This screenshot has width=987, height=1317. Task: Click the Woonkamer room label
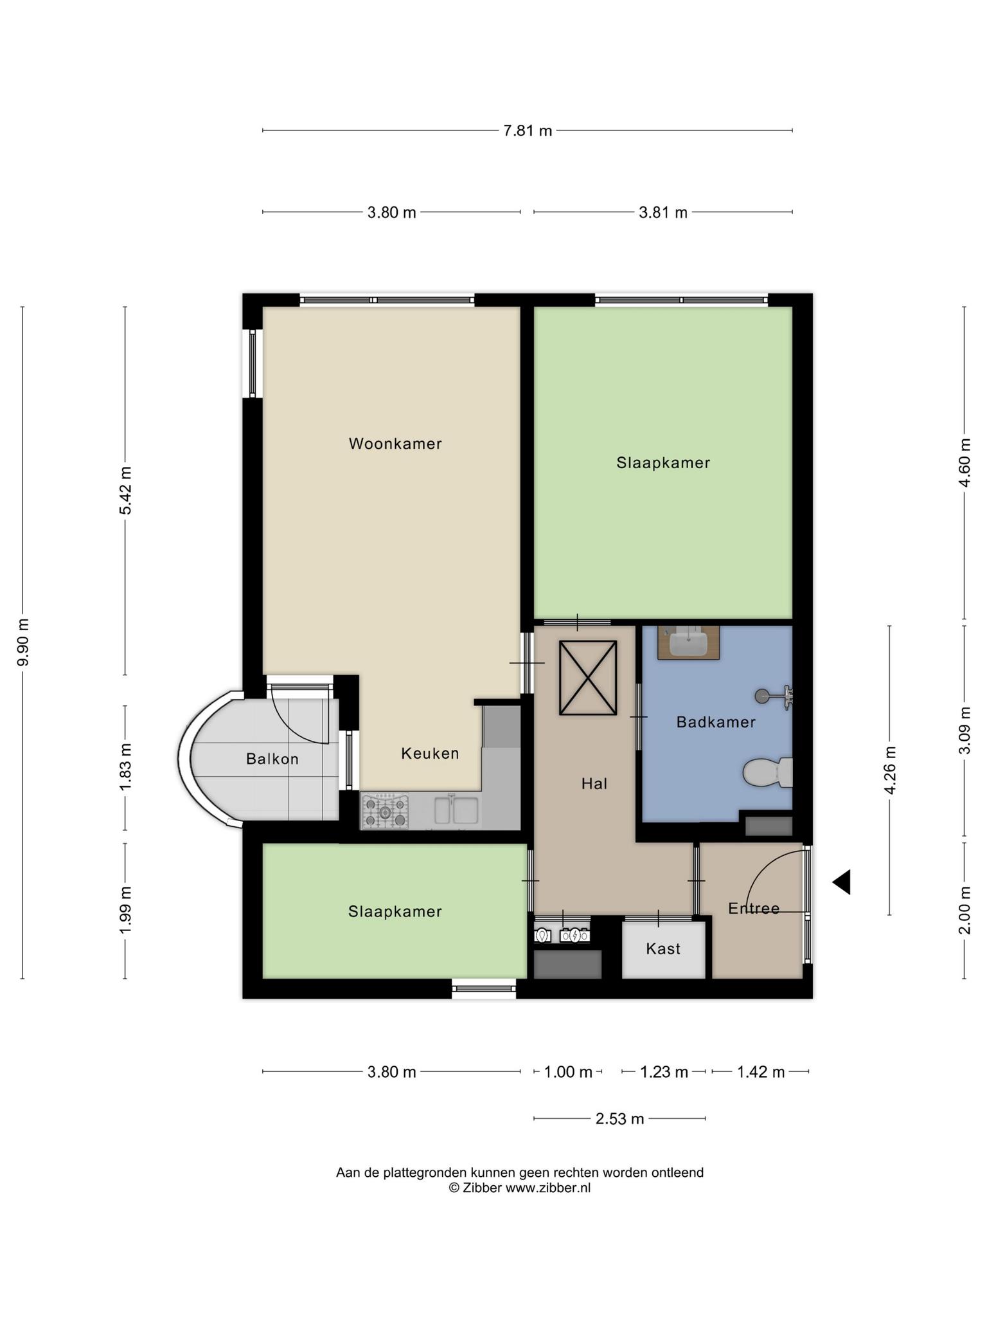(x=395, y=444)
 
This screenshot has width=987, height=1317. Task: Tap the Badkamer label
(x=716, y=722)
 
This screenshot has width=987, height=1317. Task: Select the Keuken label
(x=430, y=753)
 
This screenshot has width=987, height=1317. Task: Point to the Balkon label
(x=272, y=759)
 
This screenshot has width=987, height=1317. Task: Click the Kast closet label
(x=663, y=949)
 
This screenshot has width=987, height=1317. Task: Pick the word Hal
(x=594, y=783)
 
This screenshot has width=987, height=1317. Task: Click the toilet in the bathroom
(x=768, y=772)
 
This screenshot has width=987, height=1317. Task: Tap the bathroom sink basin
(x=688, y=642)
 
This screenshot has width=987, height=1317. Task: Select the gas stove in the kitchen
(x=385, y=812)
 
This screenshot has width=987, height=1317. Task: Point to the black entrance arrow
(x=842, y=882)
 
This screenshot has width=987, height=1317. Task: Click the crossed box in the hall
(x=588, y=678)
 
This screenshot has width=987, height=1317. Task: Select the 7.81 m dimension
(x=528, y=131)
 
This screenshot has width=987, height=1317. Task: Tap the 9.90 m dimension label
(x=23, y=642)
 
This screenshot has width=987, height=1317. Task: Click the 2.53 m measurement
(x=619, y=1119)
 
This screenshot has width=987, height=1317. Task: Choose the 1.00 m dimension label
(x=568, y=1072)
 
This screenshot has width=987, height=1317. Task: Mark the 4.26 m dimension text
(x=890, y=770)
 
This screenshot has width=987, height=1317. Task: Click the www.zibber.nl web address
(x=548, y=1188)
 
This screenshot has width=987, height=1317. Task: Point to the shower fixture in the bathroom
(x=774, y=696)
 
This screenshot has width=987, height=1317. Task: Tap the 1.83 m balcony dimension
(x=125, y=768)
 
